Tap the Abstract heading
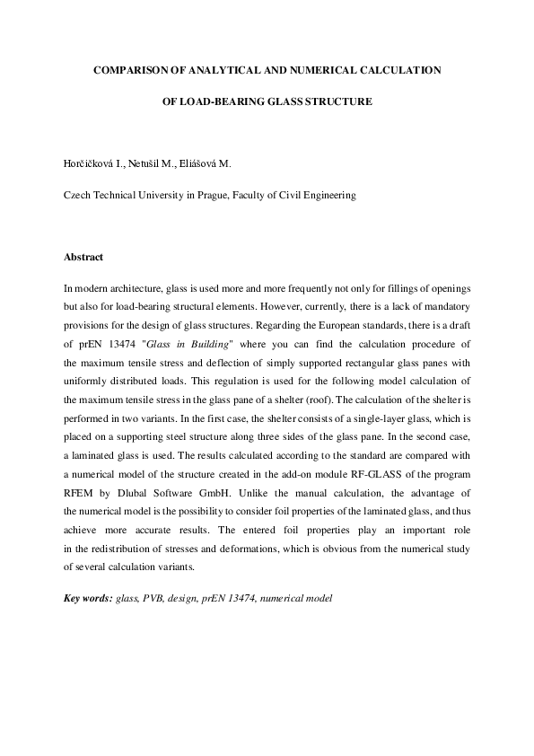click(83, 257)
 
